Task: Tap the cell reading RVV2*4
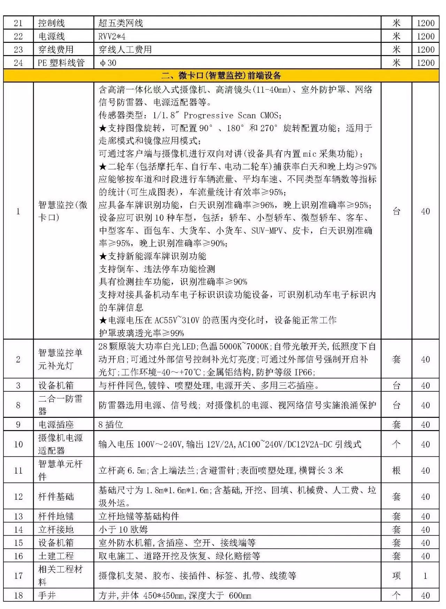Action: pyautogui.click(x=112, y=36)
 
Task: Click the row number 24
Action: pyautogui.click(x=18, y=63)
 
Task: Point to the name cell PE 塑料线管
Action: pyautogui.click(x=61, y=63)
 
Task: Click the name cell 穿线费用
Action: pyautogui.click(x=56, y=49)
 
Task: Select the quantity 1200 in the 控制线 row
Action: pyautogui.click(x=425, y=23)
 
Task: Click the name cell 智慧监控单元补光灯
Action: pyautogui.click(x=60, y=359)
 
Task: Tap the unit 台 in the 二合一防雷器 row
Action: pyautogui.click(x=396, y=405)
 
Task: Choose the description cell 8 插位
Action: pyautogui.click(x=111, y=424)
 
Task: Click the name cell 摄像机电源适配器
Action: pyautogui.click(x=60, y=444)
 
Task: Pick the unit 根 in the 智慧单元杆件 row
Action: pyautogui.click(x=396, y=470)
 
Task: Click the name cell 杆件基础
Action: pyautogui.click(x=56, y=497)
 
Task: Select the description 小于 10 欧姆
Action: pyautogui.click(x=123, y=530)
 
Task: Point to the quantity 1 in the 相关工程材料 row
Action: pyautogui.click(x=425, y=576)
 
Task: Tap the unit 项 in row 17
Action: pyautogui.click(x=396, y=576)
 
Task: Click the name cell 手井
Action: pyautogui.click(x=47, y=595)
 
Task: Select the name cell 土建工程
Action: pyautogui.click(x=56, y=556)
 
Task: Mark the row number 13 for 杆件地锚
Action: pyautogui.click(x=18, y=516)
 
